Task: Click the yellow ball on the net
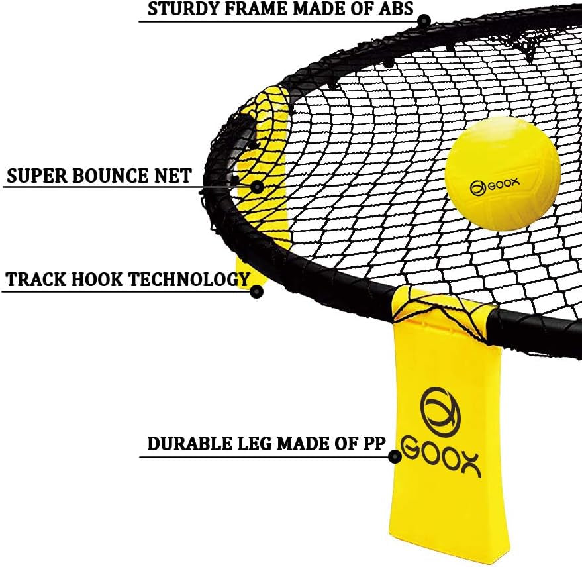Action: (503, 174)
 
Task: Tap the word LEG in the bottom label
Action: (254, 444)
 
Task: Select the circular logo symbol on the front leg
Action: (440, 411)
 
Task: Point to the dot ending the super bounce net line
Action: (257, 187)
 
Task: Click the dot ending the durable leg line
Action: (395, 456)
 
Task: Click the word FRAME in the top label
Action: (252, 9)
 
